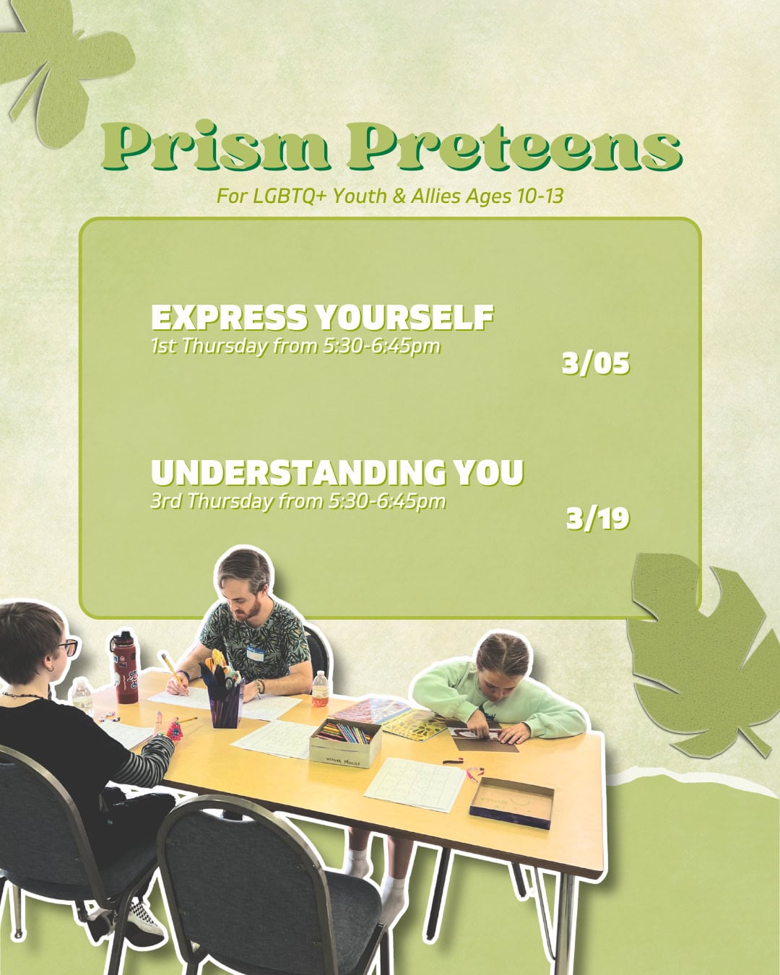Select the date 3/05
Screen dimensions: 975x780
pos(596,363)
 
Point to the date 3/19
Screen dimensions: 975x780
pos(597,519)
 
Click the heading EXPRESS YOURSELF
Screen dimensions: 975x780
pos(322,318)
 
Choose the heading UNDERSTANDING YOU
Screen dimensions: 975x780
pos(337,473)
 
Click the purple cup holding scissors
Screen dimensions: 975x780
pos(225,702)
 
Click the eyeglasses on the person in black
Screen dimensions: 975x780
pos(68,647)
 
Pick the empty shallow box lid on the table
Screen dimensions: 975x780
pos(511,802)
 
